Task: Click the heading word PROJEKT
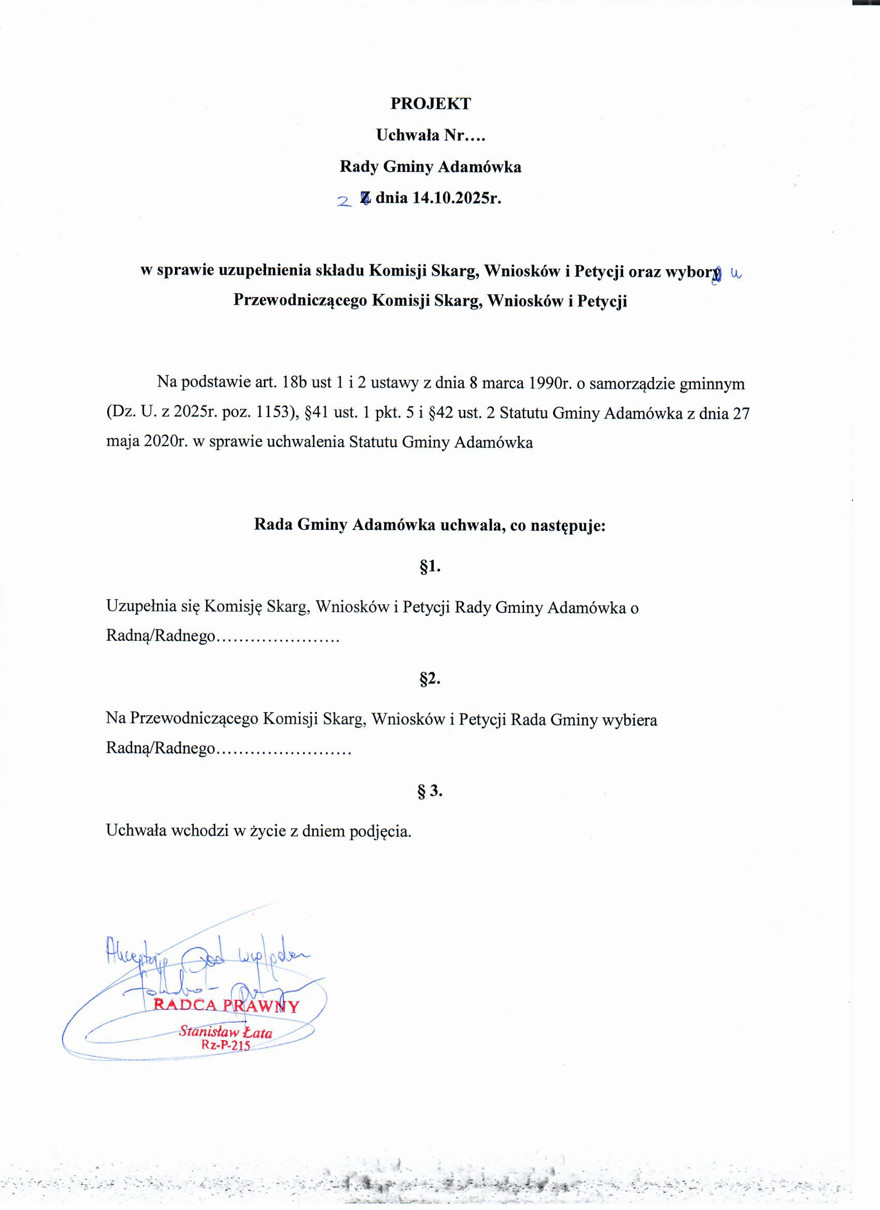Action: (430, 104)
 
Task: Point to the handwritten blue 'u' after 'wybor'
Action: (736, 274)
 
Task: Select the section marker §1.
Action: (430, 567)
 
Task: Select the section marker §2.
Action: (430, 678)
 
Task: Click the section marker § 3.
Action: (430, 791)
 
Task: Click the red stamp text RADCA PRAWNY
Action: (226, 1006)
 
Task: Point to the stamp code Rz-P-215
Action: (225, 1045)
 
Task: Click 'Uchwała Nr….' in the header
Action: (430, 136)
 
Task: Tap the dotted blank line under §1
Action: (278, 637)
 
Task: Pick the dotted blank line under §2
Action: (283, 749)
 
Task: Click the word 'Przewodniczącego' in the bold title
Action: (300, 301)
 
